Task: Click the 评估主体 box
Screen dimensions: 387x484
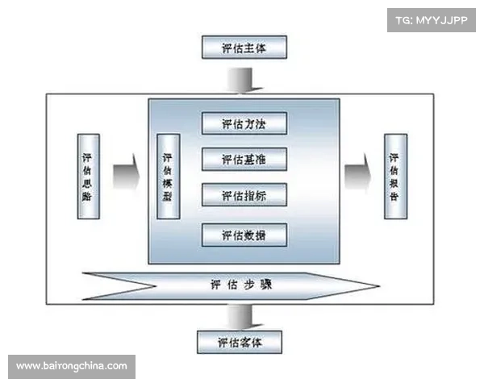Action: click(x=243, y=48)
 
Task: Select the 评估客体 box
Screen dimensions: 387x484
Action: click(x=240, y=342)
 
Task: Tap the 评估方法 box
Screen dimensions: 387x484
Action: click(x=243, y=124)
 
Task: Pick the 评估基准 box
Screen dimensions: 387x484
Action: click(x=243, y=159)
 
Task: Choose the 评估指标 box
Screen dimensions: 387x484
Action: click(x=243, y=196)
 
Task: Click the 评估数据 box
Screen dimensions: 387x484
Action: click(x=243, y=235)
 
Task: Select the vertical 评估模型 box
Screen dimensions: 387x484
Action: click(x=167, y=175)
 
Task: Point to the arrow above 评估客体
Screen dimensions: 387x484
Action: click(x=240, y=314)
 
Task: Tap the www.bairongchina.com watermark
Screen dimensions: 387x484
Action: click(x=71, y=366)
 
